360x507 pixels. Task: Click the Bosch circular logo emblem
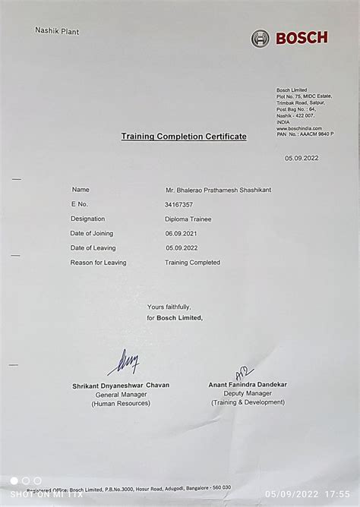tap(261, 38)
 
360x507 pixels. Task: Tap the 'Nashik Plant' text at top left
tap(57, 31)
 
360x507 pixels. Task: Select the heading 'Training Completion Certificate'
tap(184, 136)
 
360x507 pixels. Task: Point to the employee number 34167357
tap(178, 204)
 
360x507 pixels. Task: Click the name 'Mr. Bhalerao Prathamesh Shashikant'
tap(218, 190)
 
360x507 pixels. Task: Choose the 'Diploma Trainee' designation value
tap(188, 219)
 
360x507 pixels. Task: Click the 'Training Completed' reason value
tap(192, 262)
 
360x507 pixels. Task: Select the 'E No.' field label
tap(80, 204)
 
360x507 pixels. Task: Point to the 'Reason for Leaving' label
tap(98, 262)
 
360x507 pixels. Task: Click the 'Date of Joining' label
tap(93, 233)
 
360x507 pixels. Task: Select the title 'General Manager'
tap(121, 395)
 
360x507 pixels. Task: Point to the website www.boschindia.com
tap(299, 128)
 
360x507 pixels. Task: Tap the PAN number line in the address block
tap(305, 134)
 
